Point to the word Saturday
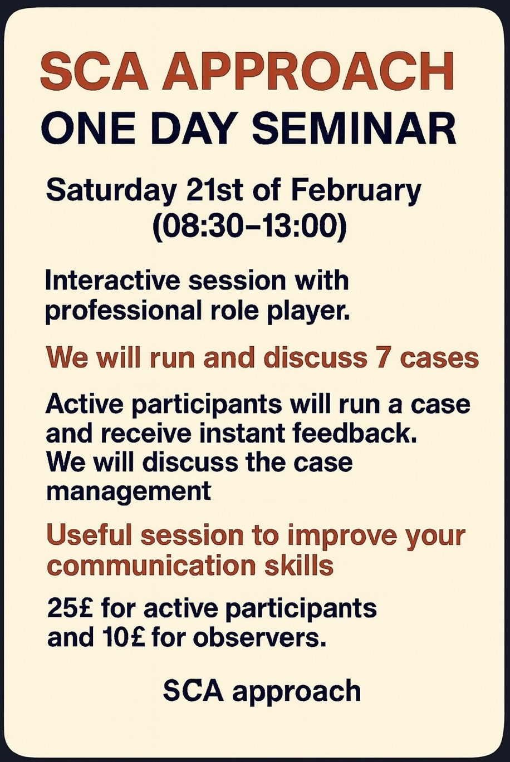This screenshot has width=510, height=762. [109, 193]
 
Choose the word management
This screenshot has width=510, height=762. [129, 492]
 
